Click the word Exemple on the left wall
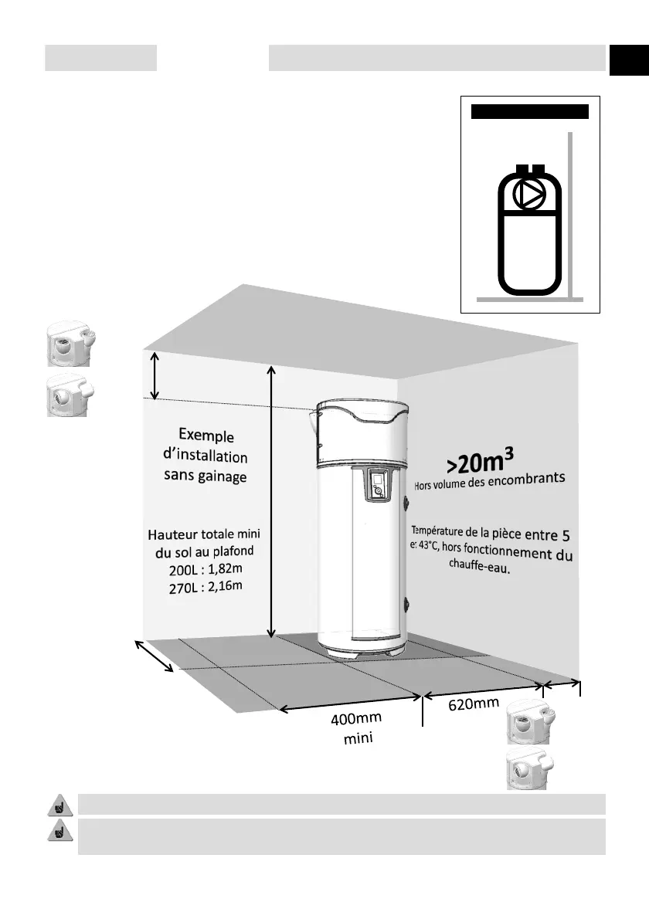(206, 436)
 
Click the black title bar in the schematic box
(530, 111)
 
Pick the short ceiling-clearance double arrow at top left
(155, 375)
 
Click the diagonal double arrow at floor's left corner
(155, 656)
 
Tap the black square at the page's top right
(628, 60)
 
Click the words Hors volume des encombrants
(491, 483)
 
